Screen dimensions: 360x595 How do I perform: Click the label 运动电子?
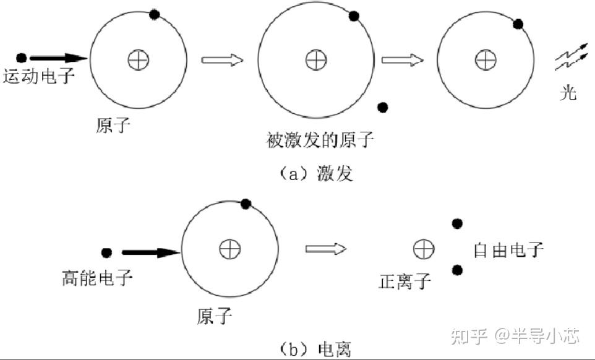coord(39,77)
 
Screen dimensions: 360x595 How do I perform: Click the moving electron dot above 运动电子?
coord(21,58)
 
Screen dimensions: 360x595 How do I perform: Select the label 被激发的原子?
coord(320,140)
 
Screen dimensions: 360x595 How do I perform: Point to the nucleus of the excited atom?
coord(315,59)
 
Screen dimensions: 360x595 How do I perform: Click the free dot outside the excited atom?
coord(383,107)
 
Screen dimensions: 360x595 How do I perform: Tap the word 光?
coord(568,93)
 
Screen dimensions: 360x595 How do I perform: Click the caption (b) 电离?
coord(315,347)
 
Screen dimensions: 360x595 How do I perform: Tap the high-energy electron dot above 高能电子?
coord(106,252)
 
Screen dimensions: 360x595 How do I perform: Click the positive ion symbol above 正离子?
coord(424,249)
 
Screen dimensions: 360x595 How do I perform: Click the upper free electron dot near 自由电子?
coord(457,224)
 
